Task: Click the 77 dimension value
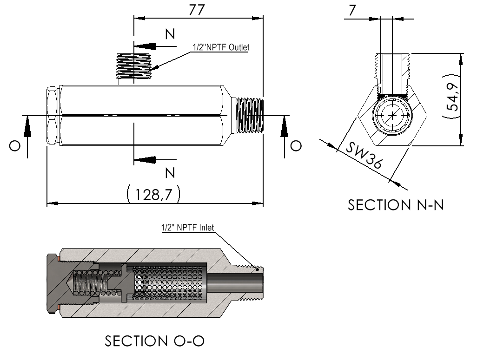click(x=197, y=10)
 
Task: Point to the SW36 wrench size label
click(x=364, y=156)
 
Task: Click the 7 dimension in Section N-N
click(x=352, y=10)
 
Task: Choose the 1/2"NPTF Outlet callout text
click(x=221, y=47)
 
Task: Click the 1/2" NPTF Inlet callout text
click(x=187, y=228)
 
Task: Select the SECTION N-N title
click(x=396, y=205)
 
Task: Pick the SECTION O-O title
click(x=154, y=341)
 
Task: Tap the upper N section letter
click(x=170, y=34)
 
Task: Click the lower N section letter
click(x=170, y=173)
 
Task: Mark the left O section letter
click(x=14, y=146)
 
